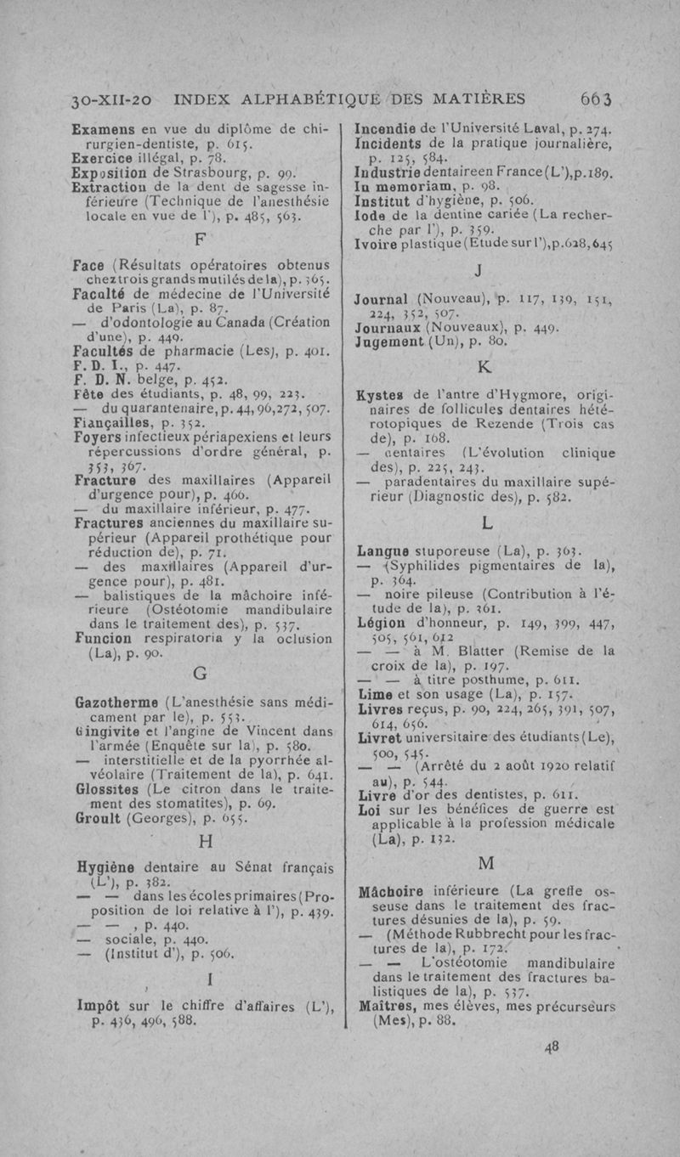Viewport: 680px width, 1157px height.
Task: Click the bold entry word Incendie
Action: (390, 129)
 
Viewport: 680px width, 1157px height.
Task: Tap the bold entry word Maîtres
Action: (387, 1009)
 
